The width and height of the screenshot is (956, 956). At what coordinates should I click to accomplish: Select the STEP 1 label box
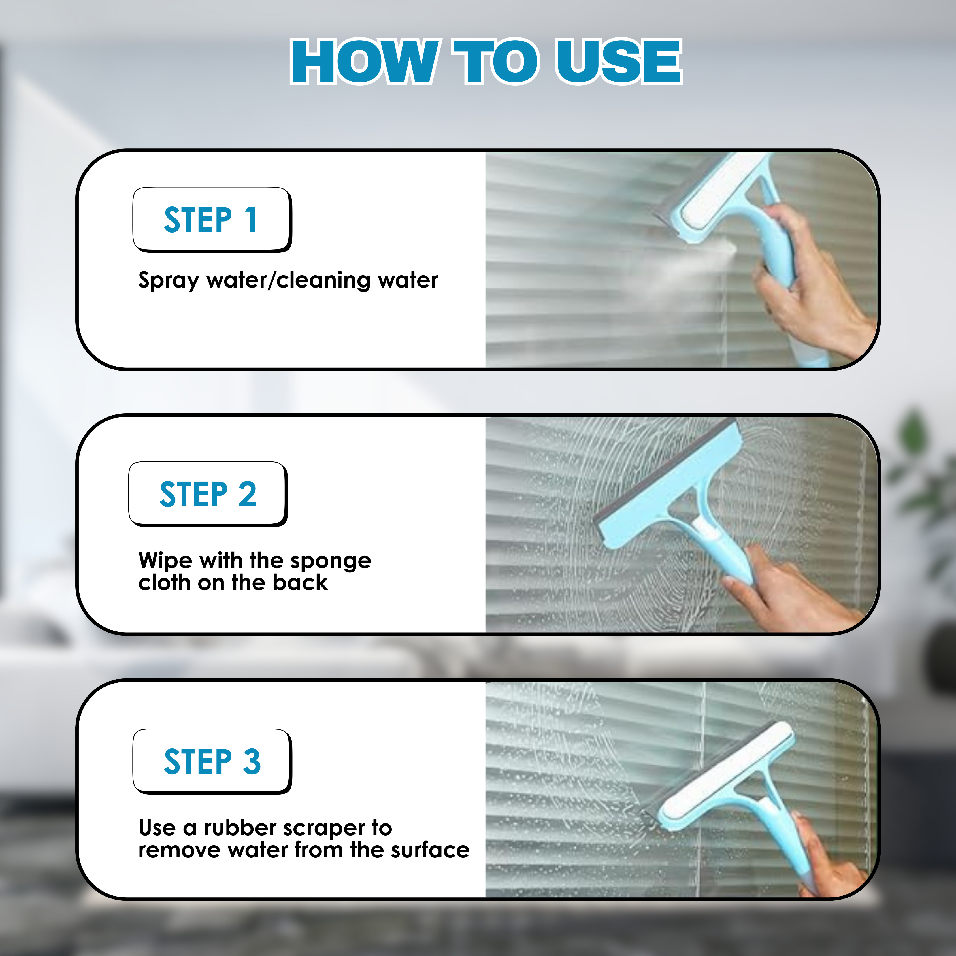[x=212, y=219]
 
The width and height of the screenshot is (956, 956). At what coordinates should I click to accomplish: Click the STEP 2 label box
[x=208, y=493]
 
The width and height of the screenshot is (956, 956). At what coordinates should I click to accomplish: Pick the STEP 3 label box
[x=212, y=761]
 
